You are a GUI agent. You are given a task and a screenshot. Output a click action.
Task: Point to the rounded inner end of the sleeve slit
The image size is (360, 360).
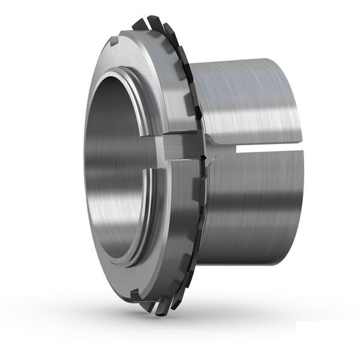pos(232,149)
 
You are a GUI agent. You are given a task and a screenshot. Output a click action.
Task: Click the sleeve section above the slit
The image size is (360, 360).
pos(252,102)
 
